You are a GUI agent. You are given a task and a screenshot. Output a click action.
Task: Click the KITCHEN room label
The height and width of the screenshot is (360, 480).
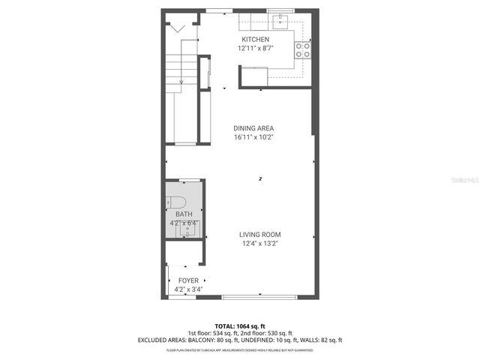pos(254,39)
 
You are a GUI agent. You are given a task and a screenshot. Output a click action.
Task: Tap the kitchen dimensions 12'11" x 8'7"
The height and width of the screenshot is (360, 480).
pos(254,48)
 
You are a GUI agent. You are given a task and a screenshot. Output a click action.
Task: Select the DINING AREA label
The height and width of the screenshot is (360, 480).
pos(254,128)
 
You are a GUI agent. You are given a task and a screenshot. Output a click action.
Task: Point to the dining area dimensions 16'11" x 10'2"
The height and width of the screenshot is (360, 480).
pos(254,137)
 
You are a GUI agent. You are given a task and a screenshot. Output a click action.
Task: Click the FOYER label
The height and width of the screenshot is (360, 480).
pos(188,280)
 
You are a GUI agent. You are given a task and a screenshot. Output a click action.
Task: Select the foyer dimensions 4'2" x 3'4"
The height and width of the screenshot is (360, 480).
pos(188,289)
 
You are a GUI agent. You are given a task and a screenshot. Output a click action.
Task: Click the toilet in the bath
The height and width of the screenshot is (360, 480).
pos(175,201)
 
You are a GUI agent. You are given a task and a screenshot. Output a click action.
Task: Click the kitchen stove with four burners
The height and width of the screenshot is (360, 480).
pos(303,49)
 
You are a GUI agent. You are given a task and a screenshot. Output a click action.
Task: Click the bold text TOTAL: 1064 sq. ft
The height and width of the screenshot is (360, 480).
pos(239,326)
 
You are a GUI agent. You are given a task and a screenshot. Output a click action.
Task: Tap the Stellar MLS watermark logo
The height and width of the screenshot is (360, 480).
pos(460,181)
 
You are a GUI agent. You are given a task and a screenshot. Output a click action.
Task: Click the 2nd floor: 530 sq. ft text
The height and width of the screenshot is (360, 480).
pos(266,333)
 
